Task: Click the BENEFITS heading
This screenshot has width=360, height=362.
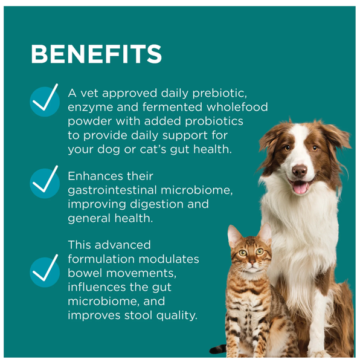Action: [x=97, y=54]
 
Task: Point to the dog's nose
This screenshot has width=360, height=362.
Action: [x=300, y=170]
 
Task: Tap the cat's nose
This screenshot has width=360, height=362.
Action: [x=252, y=262]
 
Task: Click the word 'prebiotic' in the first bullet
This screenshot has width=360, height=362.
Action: [x=219, y=94]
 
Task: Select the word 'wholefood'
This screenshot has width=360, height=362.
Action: [x=237, y=107]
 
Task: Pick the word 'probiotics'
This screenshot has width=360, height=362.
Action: [x=214, y=121]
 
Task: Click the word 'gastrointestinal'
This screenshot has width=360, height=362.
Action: [x=112, y=191]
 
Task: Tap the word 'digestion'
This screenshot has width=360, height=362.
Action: [x=156, y=205]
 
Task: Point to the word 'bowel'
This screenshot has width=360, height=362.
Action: [x=85, y=273]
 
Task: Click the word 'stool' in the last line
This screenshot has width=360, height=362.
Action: [x=138, y=315]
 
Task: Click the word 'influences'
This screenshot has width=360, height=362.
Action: [x=97, y=288]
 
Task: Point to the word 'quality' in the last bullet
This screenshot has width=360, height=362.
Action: [x=177, y=316]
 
